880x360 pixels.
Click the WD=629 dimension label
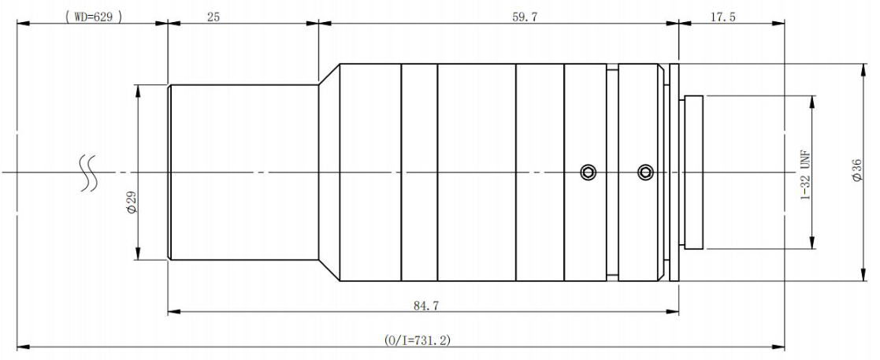(93, 17)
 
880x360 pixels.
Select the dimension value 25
(214, 17)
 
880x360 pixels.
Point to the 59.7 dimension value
(525, 17)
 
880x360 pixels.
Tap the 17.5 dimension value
(723, 17)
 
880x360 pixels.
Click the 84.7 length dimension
(426, 306)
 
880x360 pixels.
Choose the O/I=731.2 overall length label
(417, 340)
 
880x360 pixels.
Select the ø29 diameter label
(132, 202)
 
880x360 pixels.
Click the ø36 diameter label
(856, 170)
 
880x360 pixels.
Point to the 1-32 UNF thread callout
(805, 173)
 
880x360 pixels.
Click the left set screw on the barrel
(589, 173)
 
